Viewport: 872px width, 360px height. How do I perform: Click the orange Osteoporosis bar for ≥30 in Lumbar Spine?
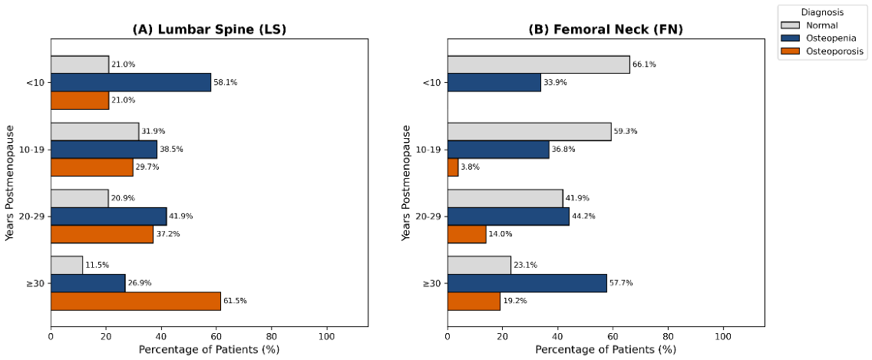pyautogui.click(x=136, y=301)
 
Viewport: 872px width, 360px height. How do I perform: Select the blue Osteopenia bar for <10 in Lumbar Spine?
pyautogui.click(x=130, y=82)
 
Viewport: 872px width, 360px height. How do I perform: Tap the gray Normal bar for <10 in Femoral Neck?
pyautogui.click(x=539, y=64)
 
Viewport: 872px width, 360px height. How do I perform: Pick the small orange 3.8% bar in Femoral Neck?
pyautogui.click(x=453, y=167)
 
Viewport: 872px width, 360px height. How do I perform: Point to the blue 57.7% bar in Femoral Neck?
pyautogui.click(x=527, y=283)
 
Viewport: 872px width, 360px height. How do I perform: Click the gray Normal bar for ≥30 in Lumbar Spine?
pyautogui.click(x=67, y=266)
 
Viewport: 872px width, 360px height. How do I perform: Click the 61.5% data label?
pyautogui.click(x=235, y=301)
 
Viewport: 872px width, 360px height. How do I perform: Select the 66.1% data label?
pyautogui.click(x=644, y=64)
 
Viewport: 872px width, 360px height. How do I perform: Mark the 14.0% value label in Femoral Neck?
pyautogui.click(x=500, y=233)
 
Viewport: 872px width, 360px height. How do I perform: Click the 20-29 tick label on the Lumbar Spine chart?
pyautogui.click(x=35, y=216)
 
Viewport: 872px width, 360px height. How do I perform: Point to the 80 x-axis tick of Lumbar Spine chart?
pyautogui.click(x=272, y=336)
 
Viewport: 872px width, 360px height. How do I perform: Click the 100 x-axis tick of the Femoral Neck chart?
pyautogui.click(x=723, y=336)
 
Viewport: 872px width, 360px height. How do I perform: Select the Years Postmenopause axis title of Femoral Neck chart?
pyautogui.click(x=407, y=183)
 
